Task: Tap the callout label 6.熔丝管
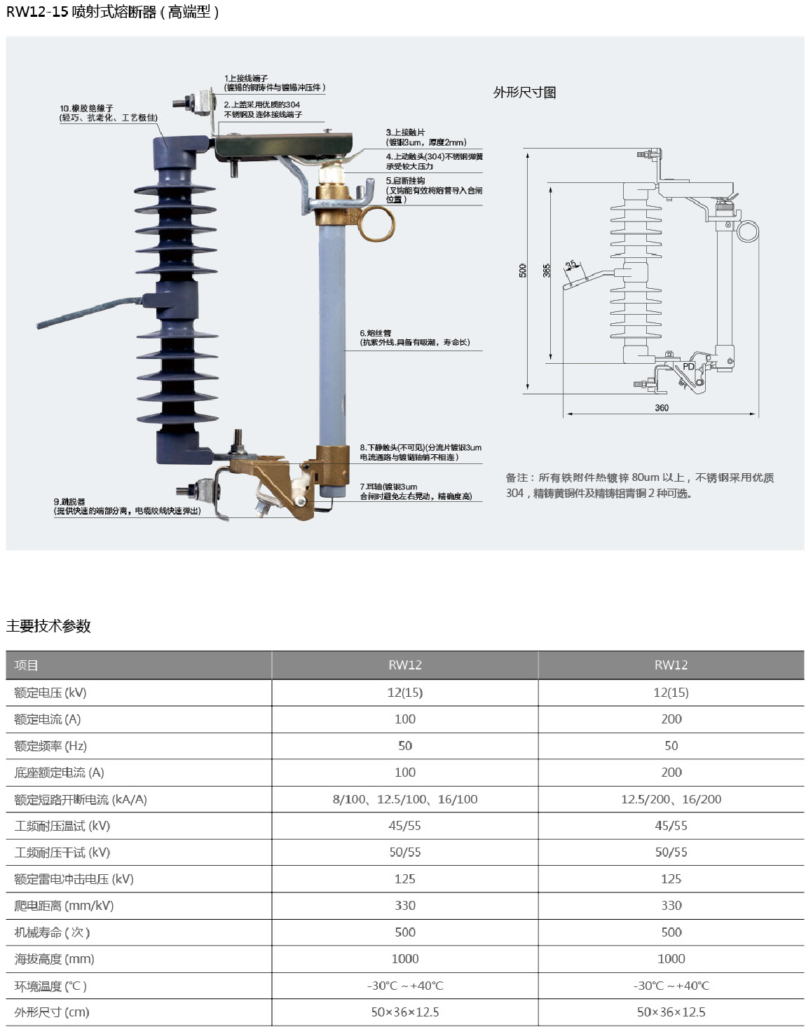pos(376,333)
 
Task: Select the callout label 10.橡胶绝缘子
pos(86,109)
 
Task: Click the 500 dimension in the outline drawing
pos(523,270)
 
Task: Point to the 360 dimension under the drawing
pos(662,407)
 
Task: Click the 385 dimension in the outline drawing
pos(547,270)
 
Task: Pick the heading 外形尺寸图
pos(524,93)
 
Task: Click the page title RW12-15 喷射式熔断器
pos(112,12)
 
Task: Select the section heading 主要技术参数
pos(48,626)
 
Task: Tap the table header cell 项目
pos(27,665)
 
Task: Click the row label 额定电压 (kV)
pos(50,693)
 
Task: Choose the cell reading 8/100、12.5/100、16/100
pos(405,799)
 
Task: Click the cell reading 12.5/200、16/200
pos(671,799)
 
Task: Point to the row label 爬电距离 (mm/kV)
pos(64,906)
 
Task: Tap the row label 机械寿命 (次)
pos(52,932)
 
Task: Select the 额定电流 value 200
pos(671,719)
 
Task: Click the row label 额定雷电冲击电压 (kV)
pos(74,879)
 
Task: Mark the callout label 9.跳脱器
pos(69,502)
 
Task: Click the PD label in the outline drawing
pos(688,367)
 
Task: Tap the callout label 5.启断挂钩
pos(405,181)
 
